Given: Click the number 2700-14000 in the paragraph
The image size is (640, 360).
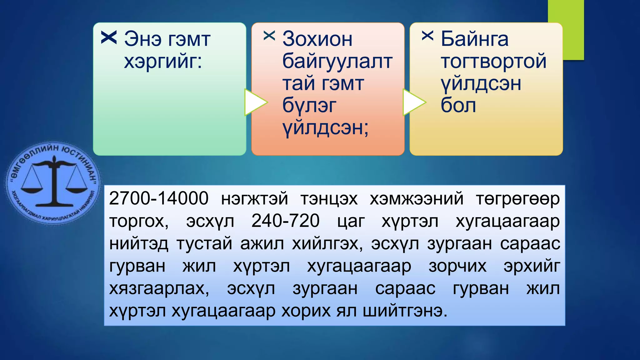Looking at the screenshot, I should coord(158,198).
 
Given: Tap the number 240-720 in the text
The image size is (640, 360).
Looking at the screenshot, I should coord(285,221).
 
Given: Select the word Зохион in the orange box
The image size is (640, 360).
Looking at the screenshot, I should coord(317,39).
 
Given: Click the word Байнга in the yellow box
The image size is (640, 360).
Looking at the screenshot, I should coord(474,39).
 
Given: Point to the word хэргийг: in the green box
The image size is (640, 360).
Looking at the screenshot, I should coord(163,61).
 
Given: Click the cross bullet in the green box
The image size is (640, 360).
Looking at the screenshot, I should coord(109,37).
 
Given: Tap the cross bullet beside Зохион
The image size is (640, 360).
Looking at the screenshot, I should coord(269,36).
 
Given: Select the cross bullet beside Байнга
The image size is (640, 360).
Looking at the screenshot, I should coord(427,36).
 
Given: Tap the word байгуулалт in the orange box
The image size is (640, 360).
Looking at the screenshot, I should coord(337,61).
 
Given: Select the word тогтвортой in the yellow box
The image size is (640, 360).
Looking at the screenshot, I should coord(493,61).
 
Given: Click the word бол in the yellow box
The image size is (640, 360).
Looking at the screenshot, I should coord(458,106).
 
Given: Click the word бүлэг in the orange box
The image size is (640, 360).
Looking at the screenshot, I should coord(309,106).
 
